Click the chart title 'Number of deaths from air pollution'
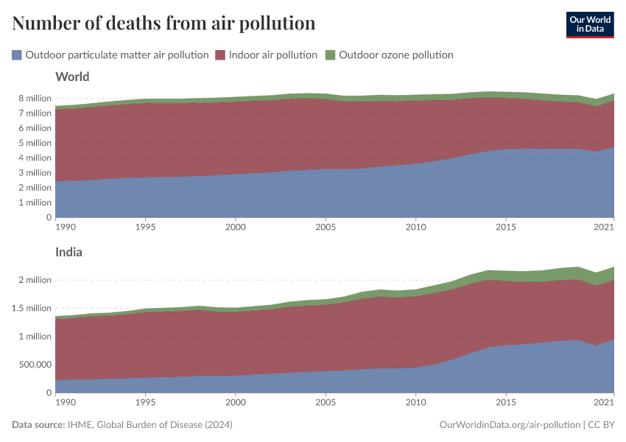pos(163,24)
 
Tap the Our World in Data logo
pos(589,24)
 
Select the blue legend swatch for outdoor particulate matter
pos(17,55)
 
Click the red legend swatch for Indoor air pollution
pos(220,55)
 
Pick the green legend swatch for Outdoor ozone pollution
pos(330,55)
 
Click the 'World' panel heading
pos(72,77)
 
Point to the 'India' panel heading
pos(68,252)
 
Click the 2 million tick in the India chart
pos(35,280)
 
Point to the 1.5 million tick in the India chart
pos(31,308)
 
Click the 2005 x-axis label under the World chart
pos(326,228)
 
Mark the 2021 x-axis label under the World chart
pos(603,228)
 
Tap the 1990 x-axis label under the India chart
pos(66,403)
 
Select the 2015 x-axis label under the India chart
pos(506,403)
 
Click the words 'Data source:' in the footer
pos(36,425)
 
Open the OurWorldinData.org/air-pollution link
pos(507,425)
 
